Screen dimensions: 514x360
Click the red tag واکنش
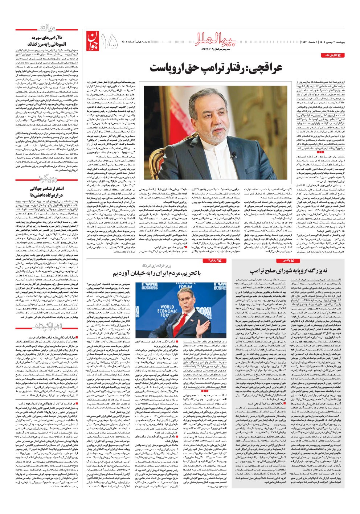coord(283,261)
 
